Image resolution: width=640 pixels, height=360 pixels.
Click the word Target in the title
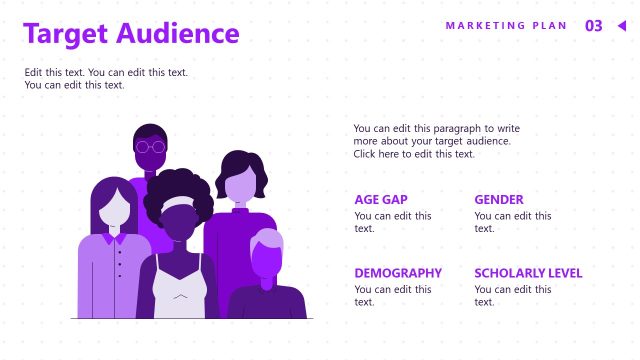(66, 34)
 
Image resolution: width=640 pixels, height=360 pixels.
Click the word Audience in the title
(177, 34)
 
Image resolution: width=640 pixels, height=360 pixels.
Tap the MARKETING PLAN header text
(506, 26)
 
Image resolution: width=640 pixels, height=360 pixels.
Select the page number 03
(594, 26)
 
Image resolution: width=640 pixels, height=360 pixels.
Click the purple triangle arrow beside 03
(621, 26)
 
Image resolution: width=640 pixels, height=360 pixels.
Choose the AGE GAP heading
(381, 199)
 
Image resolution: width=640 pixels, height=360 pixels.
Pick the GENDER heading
(499, 199)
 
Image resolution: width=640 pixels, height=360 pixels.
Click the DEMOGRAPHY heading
(398, 273)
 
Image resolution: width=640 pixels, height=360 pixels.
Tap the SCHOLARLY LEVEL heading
(528, 273)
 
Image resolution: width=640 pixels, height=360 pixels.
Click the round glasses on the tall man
(150, 147)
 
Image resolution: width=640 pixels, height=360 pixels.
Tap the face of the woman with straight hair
(116, 210)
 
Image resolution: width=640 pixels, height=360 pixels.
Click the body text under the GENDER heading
(512, 222)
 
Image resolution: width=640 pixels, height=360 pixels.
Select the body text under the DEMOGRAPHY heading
(393, 295)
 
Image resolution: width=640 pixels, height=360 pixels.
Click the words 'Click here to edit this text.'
(414, 154)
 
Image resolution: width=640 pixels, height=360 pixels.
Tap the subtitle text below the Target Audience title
(106, 79)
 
